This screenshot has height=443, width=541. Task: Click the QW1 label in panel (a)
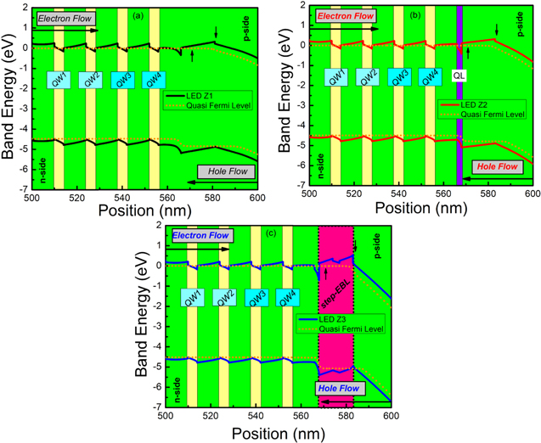(x=59, y=79)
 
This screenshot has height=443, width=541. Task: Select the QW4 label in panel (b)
(x=431, y=76)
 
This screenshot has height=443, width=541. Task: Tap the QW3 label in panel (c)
(x=255, y=299)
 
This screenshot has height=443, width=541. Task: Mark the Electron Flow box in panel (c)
(x=200, y=235)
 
